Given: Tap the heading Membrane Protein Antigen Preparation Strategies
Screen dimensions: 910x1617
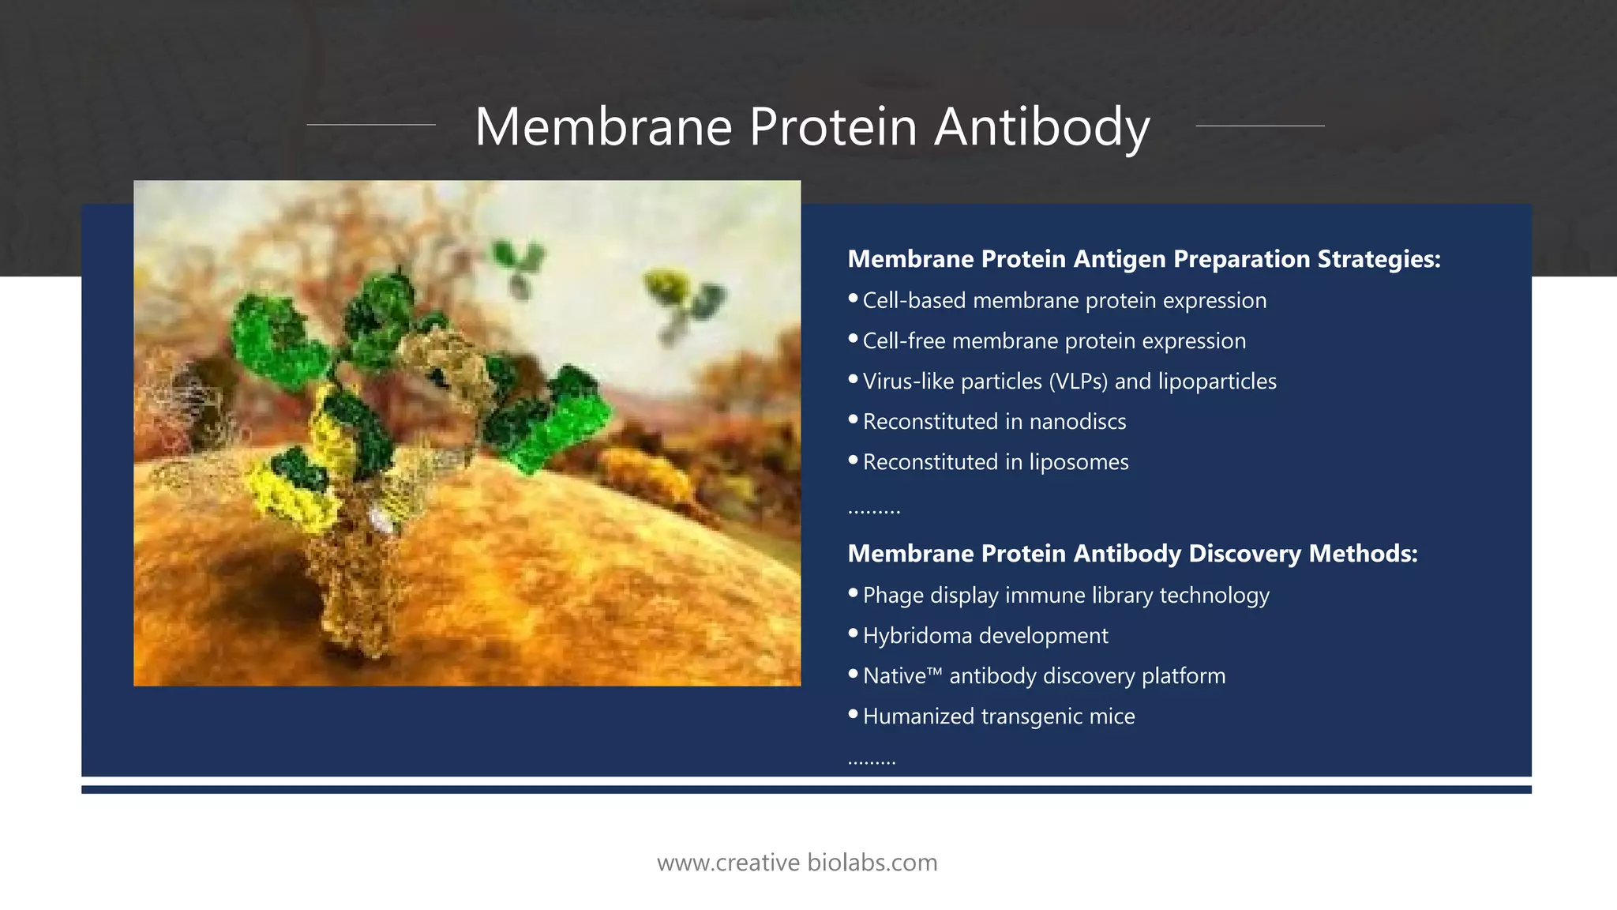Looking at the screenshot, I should pos(1143,259).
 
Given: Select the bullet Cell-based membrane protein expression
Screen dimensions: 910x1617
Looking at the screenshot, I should pos(1064,301).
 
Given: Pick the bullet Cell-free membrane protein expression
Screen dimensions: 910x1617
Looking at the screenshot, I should pos(1053,341).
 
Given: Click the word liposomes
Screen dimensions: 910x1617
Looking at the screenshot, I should pos(1078,462).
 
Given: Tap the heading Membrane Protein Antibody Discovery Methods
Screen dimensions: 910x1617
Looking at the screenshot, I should pos(1132,554).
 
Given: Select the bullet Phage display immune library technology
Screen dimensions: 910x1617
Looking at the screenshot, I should pos(1065,596).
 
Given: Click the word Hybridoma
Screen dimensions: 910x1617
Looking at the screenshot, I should pos(917,636).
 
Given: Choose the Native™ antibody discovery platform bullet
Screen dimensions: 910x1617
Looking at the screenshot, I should pos(1043,676).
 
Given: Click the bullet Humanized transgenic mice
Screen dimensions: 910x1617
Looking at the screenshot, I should pos(998,716).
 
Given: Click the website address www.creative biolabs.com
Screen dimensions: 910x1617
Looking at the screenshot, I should pos(797,863).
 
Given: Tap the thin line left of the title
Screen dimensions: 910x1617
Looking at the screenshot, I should pos(370,125).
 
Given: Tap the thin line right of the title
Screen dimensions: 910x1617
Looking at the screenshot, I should pos(1260,125).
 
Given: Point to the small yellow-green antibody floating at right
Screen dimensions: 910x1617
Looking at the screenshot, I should pos(684,304).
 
